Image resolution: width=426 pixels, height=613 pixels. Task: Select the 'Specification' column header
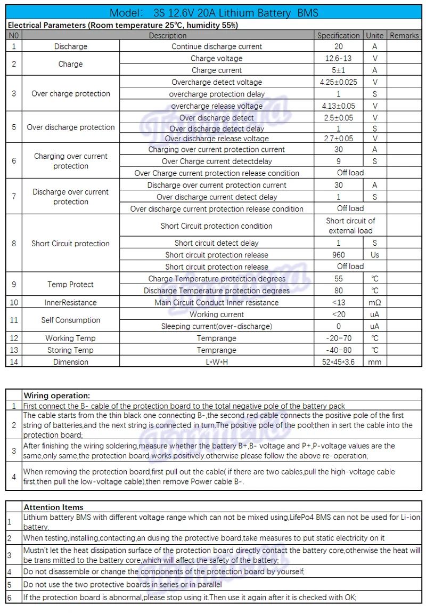(x=338, y=35)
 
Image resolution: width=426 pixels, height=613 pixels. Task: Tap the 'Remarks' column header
(x=404, y=35)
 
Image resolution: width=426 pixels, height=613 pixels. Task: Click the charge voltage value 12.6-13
(x=338, y=58)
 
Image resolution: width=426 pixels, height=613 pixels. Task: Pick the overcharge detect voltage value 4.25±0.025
(x=338, y=82)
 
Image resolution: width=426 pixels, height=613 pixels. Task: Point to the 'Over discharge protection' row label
(x=71, y=127)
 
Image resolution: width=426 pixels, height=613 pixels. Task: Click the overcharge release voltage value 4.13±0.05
(x=338, y=106)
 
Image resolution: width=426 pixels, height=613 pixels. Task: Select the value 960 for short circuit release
(x=338, y=255)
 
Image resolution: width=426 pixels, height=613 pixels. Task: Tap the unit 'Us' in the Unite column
(x=375, y=255)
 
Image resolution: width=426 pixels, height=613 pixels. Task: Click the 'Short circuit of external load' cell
(x=350, y=225)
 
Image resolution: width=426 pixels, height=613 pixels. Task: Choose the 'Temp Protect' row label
(x=70, y=285)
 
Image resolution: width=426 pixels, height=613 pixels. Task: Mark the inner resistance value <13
(x=338, y=302)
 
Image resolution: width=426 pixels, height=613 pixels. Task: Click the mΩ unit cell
(x=375, y=302)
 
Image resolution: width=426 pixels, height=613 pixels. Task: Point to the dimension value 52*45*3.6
(x=338, y=362)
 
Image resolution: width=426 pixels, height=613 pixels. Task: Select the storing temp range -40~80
(x=338, y=350)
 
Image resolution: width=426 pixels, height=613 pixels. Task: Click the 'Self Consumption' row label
(x=71, y=320)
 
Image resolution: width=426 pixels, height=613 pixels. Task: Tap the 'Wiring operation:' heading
(x=57, y=396)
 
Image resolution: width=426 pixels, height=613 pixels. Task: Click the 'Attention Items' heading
(x=53, y=507)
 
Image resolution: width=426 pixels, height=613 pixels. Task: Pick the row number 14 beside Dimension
(x=14, y=362)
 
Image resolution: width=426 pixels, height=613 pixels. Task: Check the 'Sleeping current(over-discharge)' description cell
(x=217, y=326)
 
